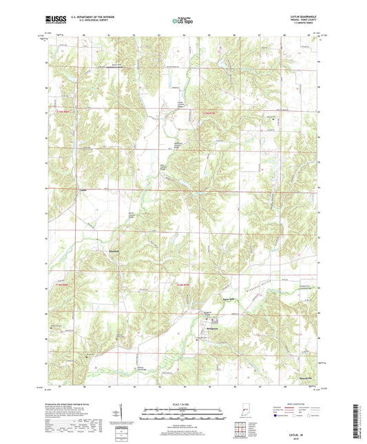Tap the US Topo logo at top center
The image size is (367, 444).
click(183, 21)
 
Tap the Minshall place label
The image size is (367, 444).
click(115, 252)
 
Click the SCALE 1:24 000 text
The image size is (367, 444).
click(183, 404)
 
